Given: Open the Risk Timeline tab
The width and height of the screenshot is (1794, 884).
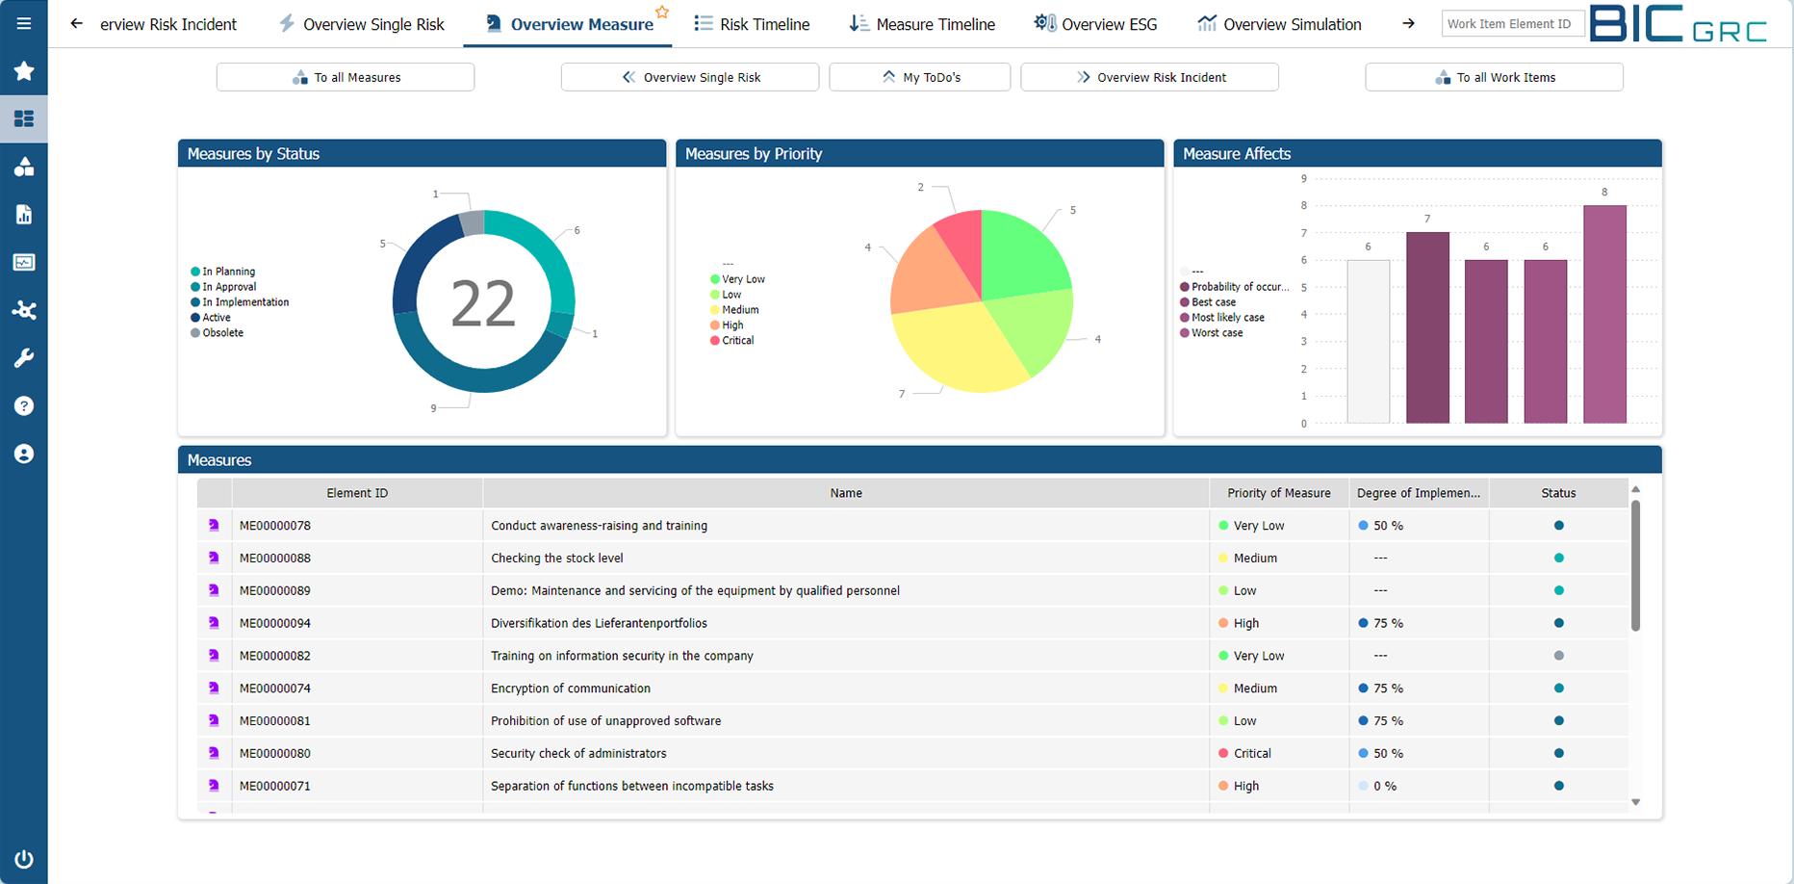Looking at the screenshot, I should click(752, 24).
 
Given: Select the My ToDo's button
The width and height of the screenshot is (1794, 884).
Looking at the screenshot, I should click(919, 77).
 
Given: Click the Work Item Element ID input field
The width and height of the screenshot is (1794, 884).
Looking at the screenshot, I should click(1512, 24).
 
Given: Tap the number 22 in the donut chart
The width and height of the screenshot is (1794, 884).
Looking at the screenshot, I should click(483, 304).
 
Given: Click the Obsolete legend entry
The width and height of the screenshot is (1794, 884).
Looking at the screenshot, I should click(221, 333).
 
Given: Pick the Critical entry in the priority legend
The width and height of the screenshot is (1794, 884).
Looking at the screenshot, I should click(737, 341).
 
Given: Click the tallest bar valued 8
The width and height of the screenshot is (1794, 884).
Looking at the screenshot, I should click(1604, 313).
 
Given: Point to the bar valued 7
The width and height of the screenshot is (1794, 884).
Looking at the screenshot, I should click(1427, 327).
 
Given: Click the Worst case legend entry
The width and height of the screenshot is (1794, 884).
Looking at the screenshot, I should click(1217, 333).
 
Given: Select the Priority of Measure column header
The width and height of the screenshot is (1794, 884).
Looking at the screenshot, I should click(1278, 493).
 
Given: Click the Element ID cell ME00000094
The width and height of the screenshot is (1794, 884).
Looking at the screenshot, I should click(275, 623).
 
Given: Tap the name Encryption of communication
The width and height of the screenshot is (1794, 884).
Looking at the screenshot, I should click(571, 689).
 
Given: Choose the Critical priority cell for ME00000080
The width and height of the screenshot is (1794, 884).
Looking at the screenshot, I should click(1251, 753).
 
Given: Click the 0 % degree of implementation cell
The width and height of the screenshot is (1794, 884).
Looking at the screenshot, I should click(1384, 786).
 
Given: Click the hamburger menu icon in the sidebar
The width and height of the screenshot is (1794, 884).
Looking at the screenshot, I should click(24, 23).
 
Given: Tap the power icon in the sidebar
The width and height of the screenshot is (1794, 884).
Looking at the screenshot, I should click(24, 859).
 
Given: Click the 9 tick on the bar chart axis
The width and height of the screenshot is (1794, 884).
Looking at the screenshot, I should click(1303, 178).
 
